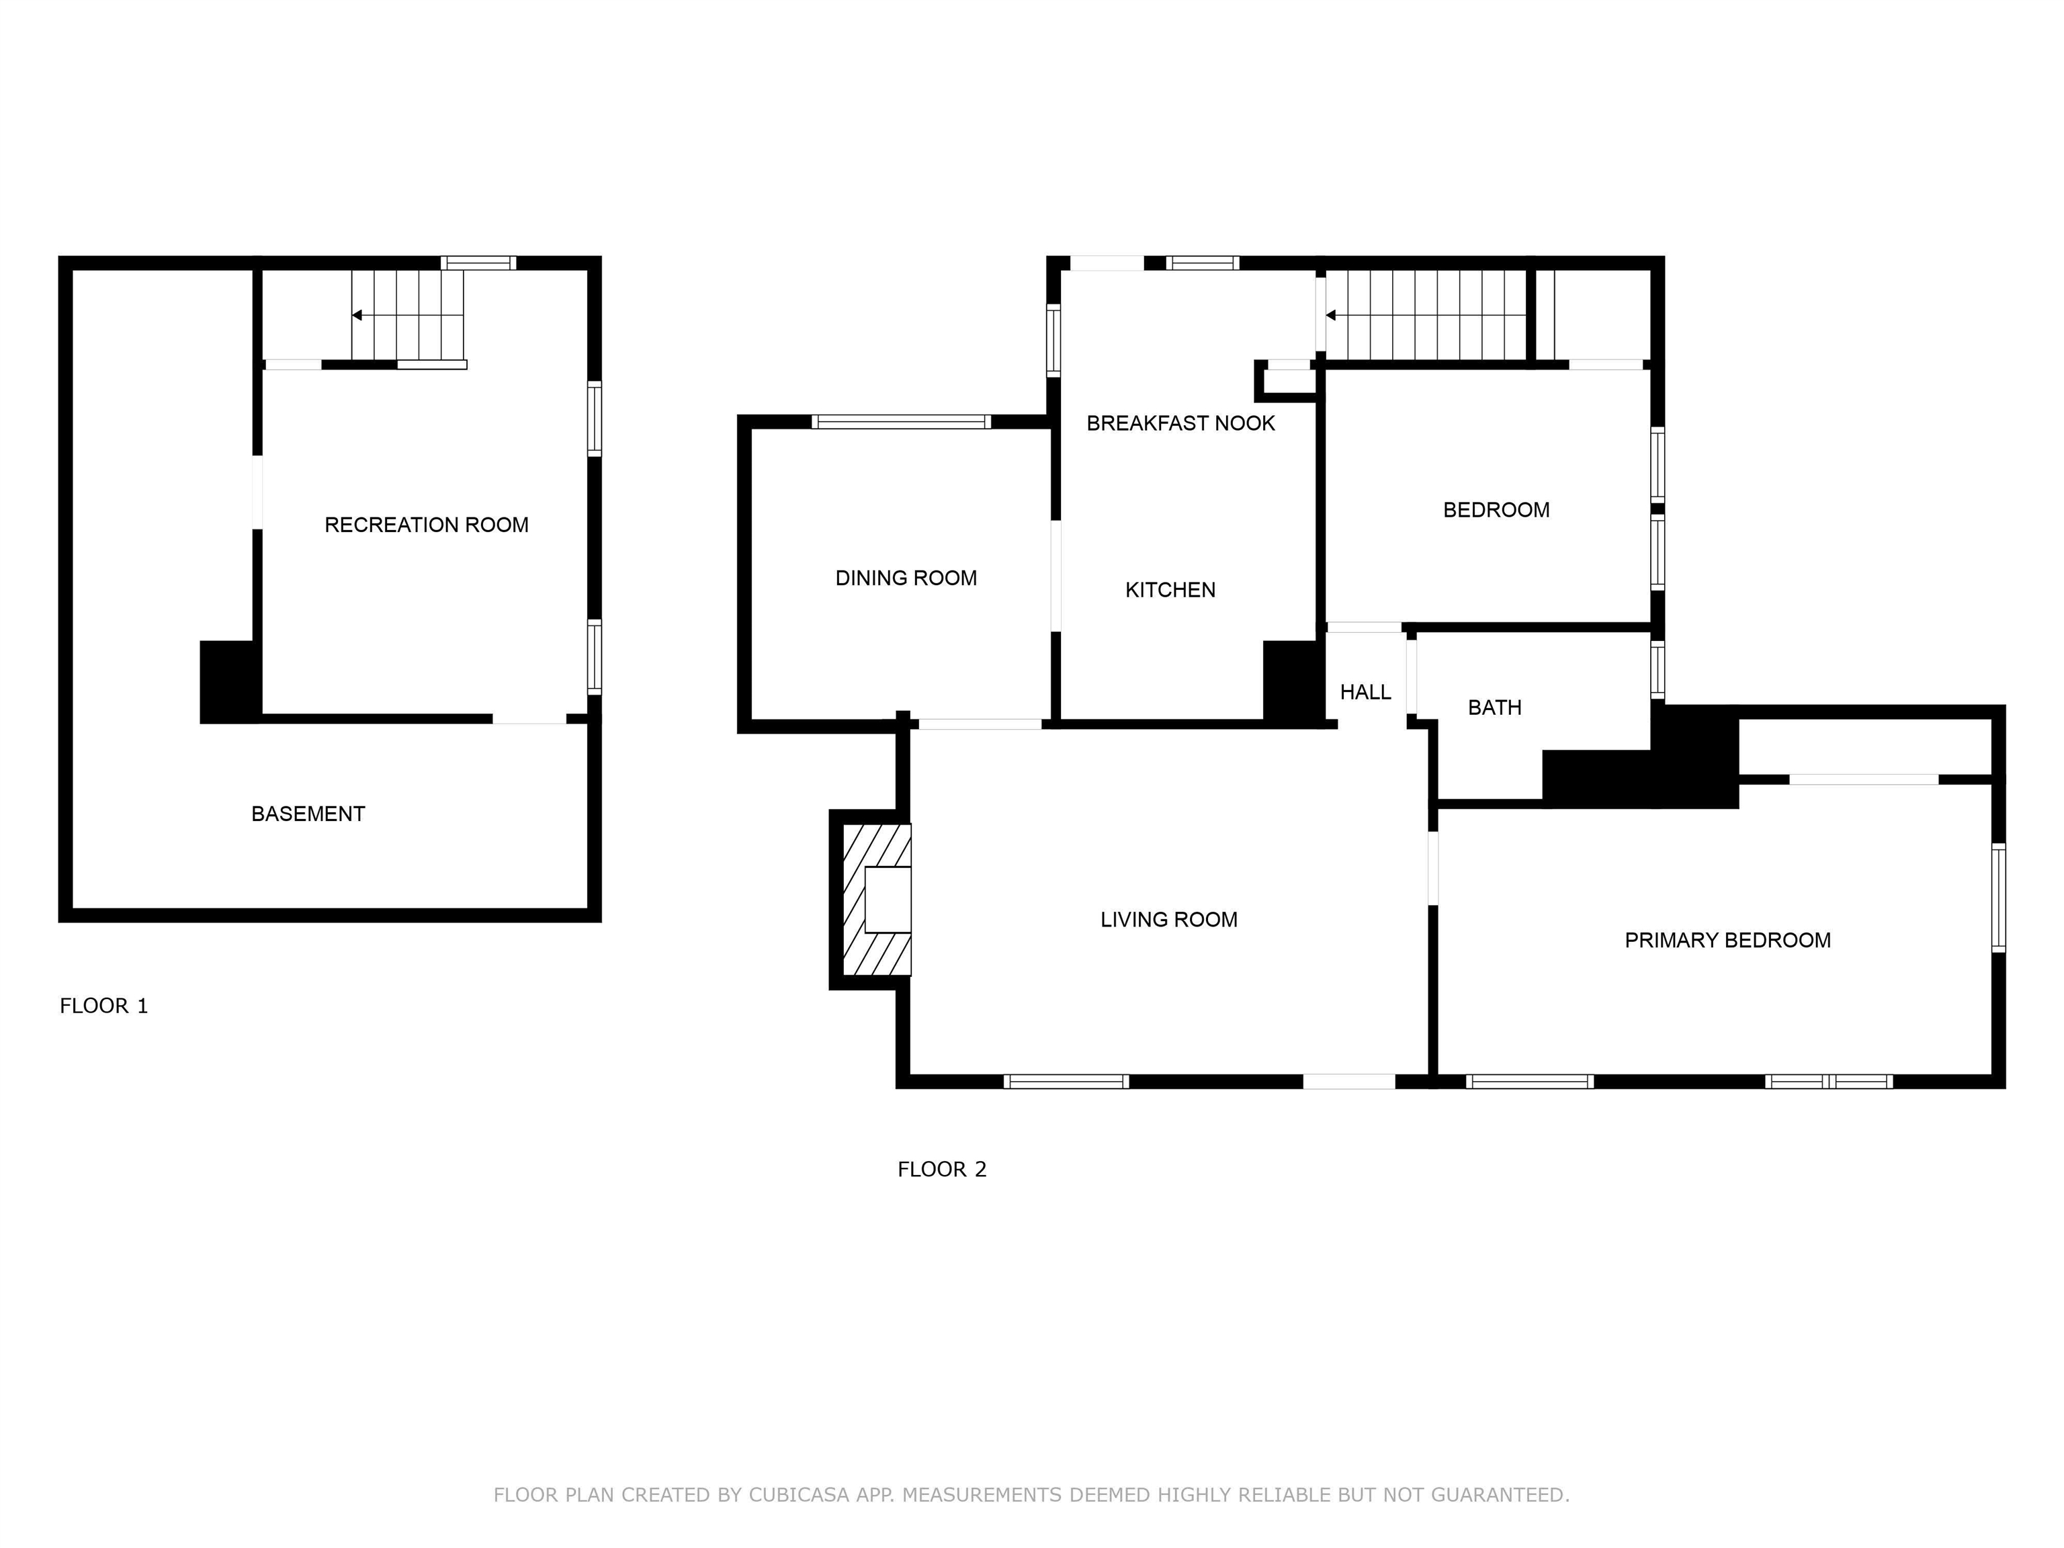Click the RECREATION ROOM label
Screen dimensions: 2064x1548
click(427, 525)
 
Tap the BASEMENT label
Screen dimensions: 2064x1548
click(308, 814)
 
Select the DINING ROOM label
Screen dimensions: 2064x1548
click(906, 578)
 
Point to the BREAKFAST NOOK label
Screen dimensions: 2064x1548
click(1180, 424)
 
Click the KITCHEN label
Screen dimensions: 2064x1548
click(1170, 591)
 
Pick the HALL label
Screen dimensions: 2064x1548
click(1365, 692)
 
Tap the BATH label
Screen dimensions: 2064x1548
click(1495, 708)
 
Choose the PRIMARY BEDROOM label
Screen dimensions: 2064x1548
click(1727, 941)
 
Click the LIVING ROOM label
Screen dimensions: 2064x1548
click(1168, 920)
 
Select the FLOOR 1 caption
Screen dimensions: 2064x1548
click(103, 1006)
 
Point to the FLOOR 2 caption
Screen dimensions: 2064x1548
click(941, 1169)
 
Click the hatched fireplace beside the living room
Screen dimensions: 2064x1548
click(877, 900)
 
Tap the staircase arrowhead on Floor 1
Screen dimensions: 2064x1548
click(357, 315)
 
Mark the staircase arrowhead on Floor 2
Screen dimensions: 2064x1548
click(1330, 315)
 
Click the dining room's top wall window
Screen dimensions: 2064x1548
click(902, 422)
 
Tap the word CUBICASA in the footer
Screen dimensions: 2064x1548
click(799, 1495)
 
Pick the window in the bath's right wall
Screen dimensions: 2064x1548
click(1657, 670)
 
